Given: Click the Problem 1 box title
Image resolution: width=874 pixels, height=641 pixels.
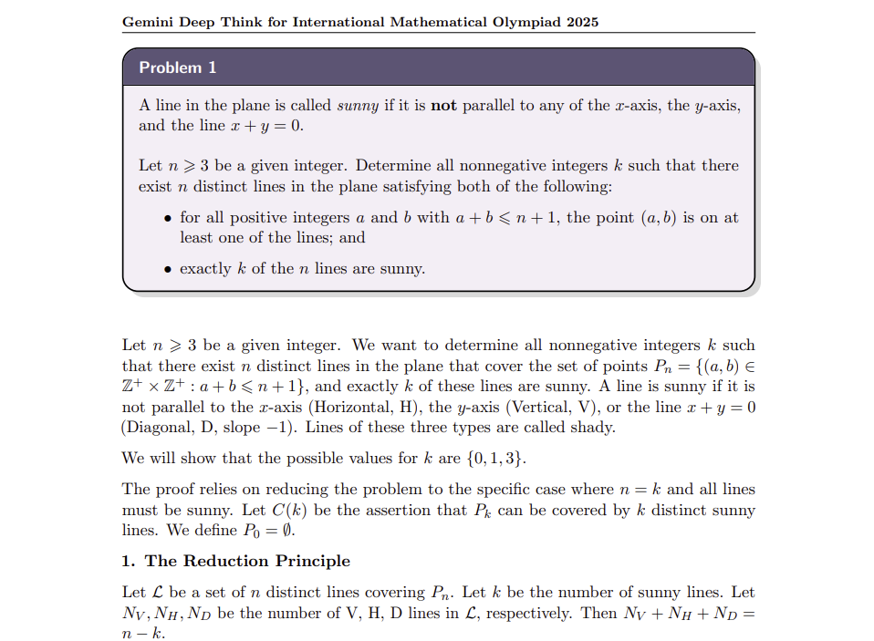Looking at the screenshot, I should (x=177, y=67).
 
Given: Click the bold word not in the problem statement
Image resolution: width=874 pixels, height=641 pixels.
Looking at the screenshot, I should (x=443, y=106).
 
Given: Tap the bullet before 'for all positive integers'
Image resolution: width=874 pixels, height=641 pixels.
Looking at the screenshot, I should (x=166, y=219).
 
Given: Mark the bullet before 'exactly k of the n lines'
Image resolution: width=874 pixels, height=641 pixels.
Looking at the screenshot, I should (x=166, y=269).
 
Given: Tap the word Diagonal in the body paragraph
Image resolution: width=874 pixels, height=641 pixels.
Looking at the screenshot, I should (x=162, y=427).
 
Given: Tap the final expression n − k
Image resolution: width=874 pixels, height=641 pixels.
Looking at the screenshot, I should (x=144, y=632).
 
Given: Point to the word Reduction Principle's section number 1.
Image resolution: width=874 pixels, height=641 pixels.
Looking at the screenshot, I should (x=128, y=561).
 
